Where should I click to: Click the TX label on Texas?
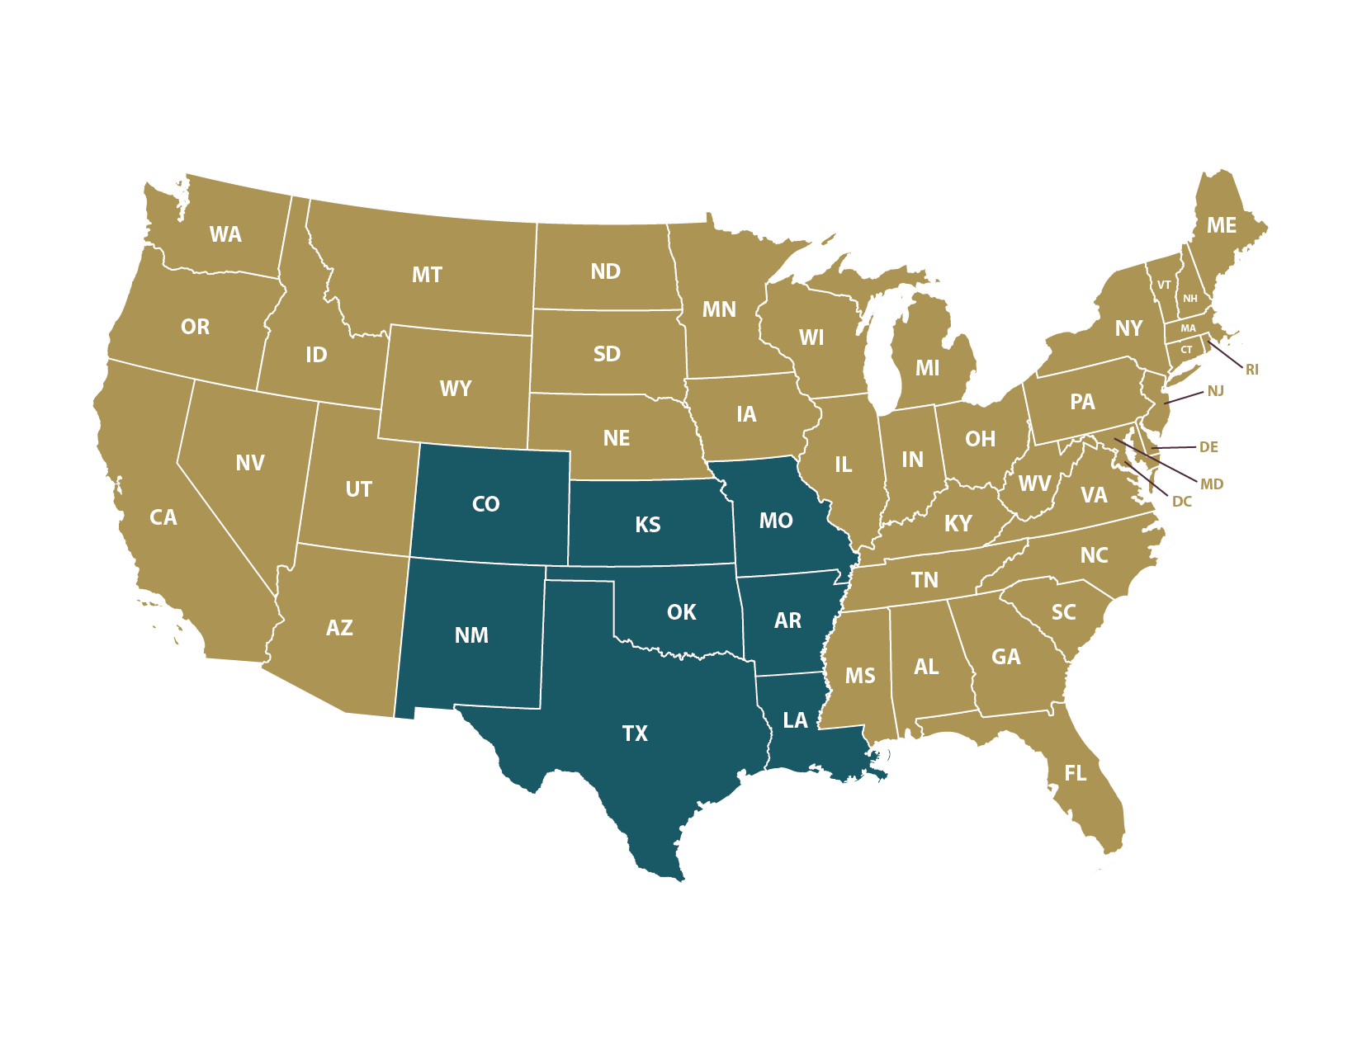pyautogui.click(x=635, y=734)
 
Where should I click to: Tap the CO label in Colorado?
pyautogui.click(x=485, y=504)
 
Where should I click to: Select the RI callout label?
pyautogui.click(x=1252, y=370)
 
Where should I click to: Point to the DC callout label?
pyautogui.click(x=1181, y=502)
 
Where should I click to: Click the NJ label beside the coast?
pyautogui.click(x=1215, y=391)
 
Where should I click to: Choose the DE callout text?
pyautogui.click(x=1208, y=447)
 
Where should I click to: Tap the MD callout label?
pyautogui.click(x=1211, y=484)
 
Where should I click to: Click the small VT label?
pyautogui.click(x=1164, y=285)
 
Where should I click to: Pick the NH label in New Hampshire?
pyautogui.click(x=1189, y=299)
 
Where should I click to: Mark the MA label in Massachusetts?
pyautogui.click(x=1188, y=328)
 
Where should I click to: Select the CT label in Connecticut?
pyautogui.click(x=1186, y=350)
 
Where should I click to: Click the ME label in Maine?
pyautogui.click(x=1221, y=226)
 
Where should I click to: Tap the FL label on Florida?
pyautogui.click(x=1075, y=773)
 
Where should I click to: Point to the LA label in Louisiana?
pyautogui.click(x=795, y=720)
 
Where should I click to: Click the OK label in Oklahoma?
pyautogui.click(x=681, y=612)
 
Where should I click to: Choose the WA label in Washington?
pyautogui.click(x=225, y=235)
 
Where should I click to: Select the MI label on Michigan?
pyautogui.click(x=927, y=369)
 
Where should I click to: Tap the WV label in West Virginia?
pyautogui.click(x=1034, y=484)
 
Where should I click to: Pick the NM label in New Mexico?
pyautogui.click(x=471, y=635)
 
